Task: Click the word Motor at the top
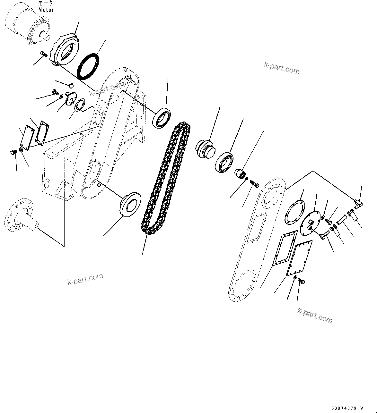pos(46,10)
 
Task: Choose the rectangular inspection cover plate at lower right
pos(301,258)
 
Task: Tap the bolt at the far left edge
pos(13,152)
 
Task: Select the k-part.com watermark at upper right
pos(282,67)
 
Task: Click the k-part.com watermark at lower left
pos(85,279)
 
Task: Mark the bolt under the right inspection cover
pos(301,281)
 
